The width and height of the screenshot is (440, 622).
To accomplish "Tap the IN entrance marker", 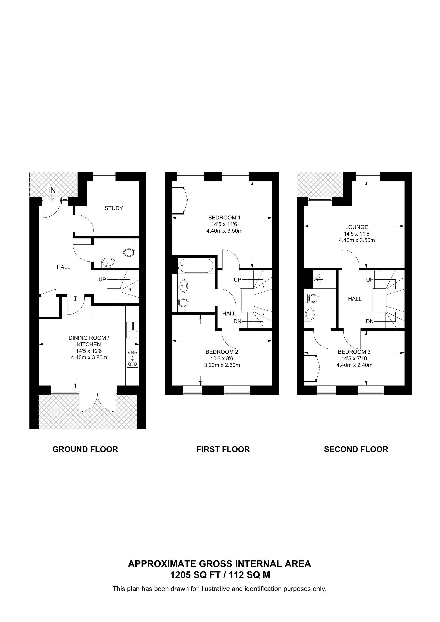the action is click(x=52, y=190).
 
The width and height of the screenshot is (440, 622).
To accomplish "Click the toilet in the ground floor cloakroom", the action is click(x=129, y=253).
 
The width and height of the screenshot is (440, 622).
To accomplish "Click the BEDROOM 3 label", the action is click(x=354, y=352).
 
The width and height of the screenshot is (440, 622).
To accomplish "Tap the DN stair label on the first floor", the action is click(x=237, y=321).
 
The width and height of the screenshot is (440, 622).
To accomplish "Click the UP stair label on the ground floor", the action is click(x=102, y=279).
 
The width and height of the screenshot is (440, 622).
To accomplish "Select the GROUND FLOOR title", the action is click(x=85, y=449).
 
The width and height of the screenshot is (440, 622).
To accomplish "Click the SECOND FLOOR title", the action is click(x=356, y=449).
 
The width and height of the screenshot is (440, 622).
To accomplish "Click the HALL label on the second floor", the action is click(x=355, y=299).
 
